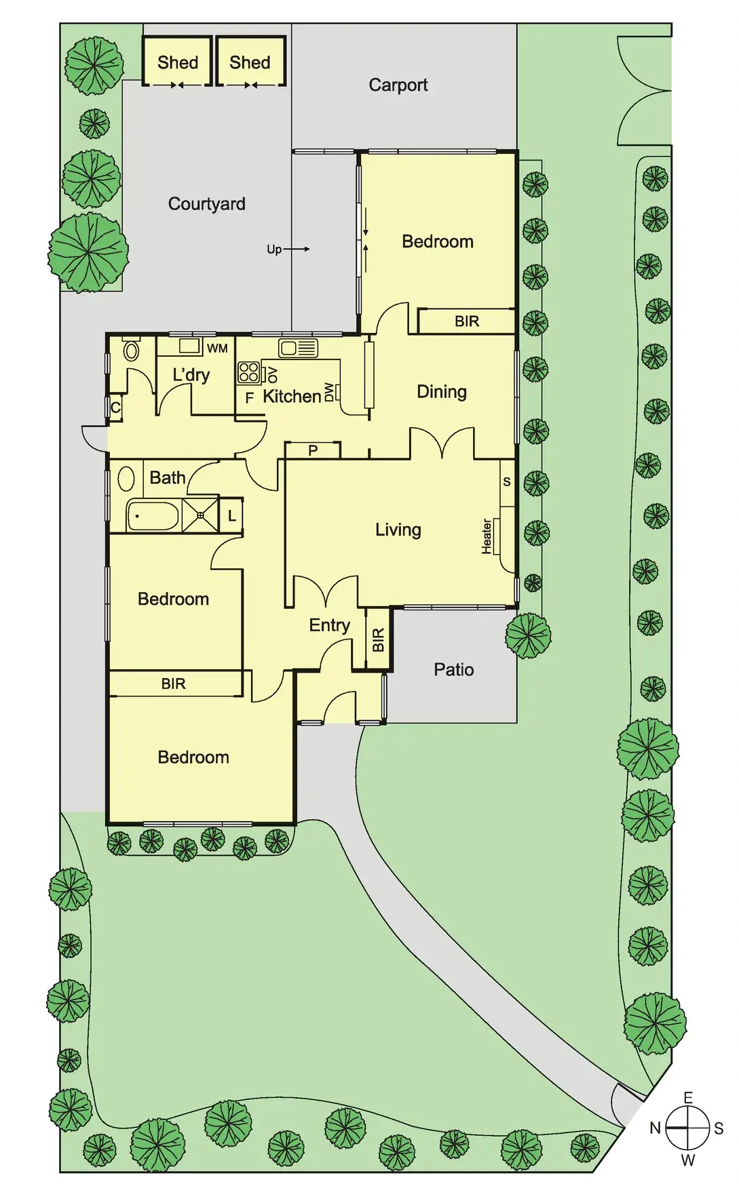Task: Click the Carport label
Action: pyautogui.click(x=398, y=85)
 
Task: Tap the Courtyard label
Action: pyautogui.click(x=206, y=204)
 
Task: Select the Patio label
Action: pyautogui.click(x=453, y=670)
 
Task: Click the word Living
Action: pyautogui.click(x=398, y=530)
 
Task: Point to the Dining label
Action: pyautogui.click(x=441, y=392)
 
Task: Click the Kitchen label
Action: pyautogui.click(x=292, y=397)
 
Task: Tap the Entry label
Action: pyautogui.click(x=329, y=625)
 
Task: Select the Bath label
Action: pyautogui.click(x=167, y=478)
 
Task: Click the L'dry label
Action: pyautogui.click(x=191, y=375)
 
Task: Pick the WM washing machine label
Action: pyautogui.click(x=217, y=349)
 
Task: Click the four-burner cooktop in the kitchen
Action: pyautogui.click(x=248, y=372)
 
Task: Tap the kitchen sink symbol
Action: pyautogui.click(x=298, y=349)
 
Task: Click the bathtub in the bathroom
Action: pyautogui.click(x=153, y=516)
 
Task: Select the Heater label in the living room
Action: pyautogui.click(x=487, y=537)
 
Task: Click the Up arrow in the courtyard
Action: pyautogui.click(x=288, y=250)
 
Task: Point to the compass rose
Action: pyautogui.click(x=687, y=1128)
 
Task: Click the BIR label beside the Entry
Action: pyautogui.click(x=379, y=640)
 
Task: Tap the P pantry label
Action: pyautogui.click(x=313, y=450)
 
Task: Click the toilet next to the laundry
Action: pyautogui.click(x=132, y=351)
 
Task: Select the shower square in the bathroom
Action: pyautogui.click(x=200, y=515)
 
